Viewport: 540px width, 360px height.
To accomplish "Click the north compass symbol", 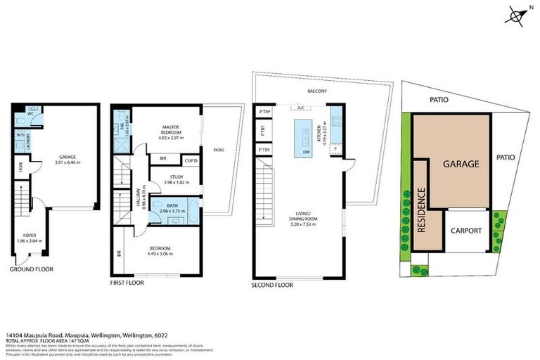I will pyautogui.click(x=517, y=15).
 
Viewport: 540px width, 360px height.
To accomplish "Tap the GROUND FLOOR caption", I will pyautogui.click(x=31, y=269).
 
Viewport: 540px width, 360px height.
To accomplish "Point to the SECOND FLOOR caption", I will pyautogui.click(x=271, y=285).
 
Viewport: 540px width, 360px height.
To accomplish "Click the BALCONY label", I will pyautogui.click(x=316, y=91).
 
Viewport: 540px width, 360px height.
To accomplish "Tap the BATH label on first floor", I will pyautogui.click(x=173, y=205).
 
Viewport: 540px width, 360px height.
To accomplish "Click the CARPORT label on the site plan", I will pyautogui.click(x=465, y=231).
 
